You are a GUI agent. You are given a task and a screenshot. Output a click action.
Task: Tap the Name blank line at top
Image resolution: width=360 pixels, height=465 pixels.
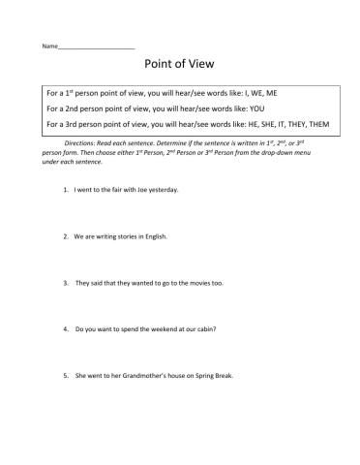tap(96, 46)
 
